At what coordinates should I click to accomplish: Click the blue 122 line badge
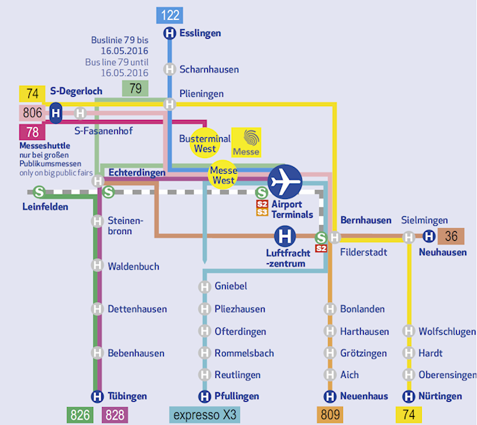coord(169,15)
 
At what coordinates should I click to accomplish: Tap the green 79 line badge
coord(135,88)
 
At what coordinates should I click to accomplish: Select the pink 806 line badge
coord(32,113)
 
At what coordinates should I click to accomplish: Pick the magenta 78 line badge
coord(32,132)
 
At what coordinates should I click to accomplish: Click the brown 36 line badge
coord(451,236)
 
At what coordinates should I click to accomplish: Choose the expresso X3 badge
coord(204,415)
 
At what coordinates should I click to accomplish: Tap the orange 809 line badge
coord(329,415)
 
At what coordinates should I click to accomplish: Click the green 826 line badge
coord(80,415)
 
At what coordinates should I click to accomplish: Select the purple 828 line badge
coord(115,415)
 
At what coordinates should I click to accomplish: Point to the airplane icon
coord(285,182)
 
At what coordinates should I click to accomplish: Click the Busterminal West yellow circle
coord(205,143)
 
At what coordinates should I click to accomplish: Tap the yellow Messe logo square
coord(246,142)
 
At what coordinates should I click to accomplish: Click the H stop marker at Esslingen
coord(169,34)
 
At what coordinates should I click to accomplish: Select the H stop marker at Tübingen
coord(97,397)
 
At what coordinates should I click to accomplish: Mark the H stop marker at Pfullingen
coord(204,397)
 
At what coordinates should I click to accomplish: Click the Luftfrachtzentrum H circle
coord(285,236)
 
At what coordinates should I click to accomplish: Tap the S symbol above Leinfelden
coord(39,192)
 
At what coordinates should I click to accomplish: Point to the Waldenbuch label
coord(133,266)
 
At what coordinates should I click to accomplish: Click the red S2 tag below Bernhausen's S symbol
coord(321,248)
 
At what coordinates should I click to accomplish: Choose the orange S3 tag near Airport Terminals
coord(262,212)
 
